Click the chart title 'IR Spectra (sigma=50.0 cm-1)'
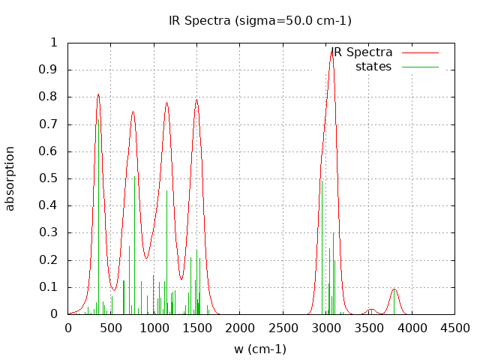tap(259, 20)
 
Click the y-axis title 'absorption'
tap(10, 178)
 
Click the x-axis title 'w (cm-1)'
tap(260, 349)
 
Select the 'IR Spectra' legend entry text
tap(362, 52)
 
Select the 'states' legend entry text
tap(373, 67)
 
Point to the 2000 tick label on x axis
tap(240, 328)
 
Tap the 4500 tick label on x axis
tap(454, 328)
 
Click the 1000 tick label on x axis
tap(154, 328)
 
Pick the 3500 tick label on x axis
tap(368, 328)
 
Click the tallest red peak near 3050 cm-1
tap(331, 50)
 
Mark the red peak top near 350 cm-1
tap(98, 94)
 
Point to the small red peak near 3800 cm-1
tap(394, 289)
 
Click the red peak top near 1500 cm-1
tap(196, 100)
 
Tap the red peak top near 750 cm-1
tap(133, 112)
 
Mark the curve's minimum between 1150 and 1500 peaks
tap(181, 279)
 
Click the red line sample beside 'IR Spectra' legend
tap(420, 53)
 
